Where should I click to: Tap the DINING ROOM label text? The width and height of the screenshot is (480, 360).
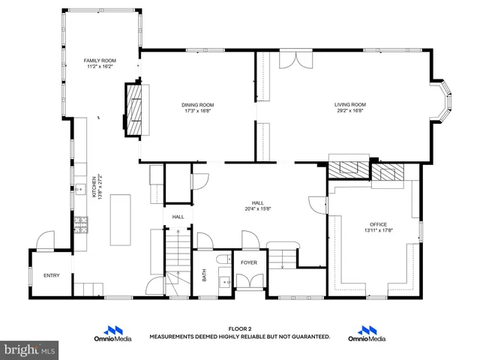point(197,104)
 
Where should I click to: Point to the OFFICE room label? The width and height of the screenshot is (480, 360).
point(376,224)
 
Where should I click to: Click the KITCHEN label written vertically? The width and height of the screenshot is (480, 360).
point(94,187)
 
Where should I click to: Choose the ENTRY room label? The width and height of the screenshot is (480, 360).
point(51,275)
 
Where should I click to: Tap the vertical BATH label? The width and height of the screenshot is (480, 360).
point(204,275)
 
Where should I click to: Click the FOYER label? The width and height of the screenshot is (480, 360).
point(248,262)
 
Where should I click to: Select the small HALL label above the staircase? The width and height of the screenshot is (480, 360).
point(178,217)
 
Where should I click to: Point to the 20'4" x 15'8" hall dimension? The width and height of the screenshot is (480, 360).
point(257,208)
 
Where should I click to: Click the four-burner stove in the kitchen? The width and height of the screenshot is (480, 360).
point(80,223)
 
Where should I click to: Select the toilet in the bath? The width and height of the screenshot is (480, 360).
point(223,259)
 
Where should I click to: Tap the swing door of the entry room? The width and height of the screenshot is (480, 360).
point(46,241)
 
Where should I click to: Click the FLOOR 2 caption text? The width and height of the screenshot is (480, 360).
point(239,328)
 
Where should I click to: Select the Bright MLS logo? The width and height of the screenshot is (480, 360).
point(29,349)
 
